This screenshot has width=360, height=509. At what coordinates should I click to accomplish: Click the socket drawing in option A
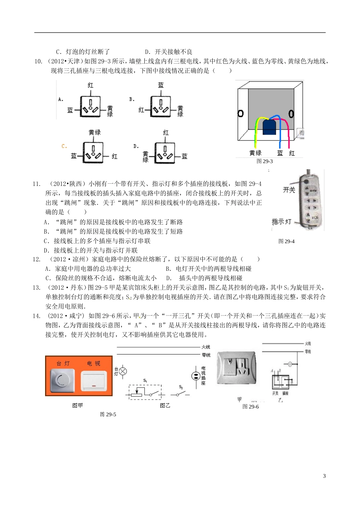click(90, 106)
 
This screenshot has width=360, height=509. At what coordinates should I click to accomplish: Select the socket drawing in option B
click(161, 106)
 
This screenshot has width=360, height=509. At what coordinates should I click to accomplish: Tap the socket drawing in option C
click(93, 153)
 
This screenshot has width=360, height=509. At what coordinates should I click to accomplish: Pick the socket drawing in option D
click(165, 153)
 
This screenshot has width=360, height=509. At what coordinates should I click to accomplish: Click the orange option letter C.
click(64, 146)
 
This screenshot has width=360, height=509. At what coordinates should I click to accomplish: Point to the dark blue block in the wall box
click(269, 127)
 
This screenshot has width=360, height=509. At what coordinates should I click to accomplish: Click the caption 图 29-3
click(265, 161)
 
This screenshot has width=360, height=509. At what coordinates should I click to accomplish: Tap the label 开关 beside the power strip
click(289, 190)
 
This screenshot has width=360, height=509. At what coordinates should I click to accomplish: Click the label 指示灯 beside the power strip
click(281, 222)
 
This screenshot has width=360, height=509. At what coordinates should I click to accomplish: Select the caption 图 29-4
click(286, 241)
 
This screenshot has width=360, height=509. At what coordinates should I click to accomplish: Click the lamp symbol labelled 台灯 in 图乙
click(123, 372)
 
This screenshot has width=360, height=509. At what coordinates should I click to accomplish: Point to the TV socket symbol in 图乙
click(196, 376)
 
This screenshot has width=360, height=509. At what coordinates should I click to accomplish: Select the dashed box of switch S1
click(145, 392)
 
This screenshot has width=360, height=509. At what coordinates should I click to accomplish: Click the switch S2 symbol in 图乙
click(181, 393)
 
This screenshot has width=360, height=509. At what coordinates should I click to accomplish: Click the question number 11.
click(36, 184)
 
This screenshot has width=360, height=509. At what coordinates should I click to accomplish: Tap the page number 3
click(324, 476)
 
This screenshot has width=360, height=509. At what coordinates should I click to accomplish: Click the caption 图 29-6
click(250, 407)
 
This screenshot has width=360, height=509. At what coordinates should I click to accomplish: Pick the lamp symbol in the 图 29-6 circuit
click(290, 364)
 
